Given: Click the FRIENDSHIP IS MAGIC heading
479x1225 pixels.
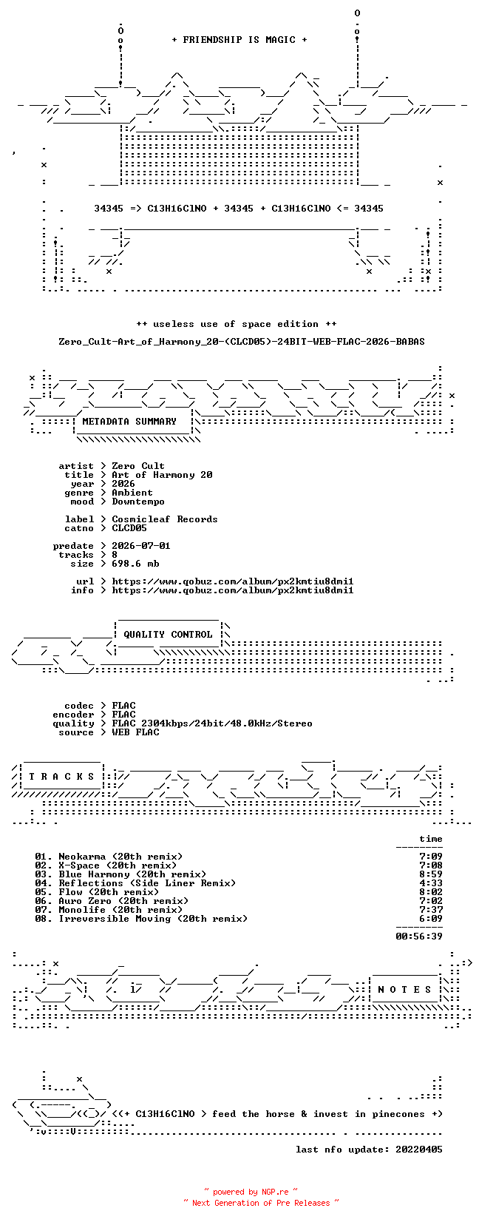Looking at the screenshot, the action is (x=239, y=40).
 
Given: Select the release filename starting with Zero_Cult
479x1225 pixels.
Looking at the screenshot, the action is (x=242, y=342).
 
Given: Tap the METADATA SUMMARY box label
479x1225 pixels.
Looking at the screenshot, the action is (x=129, y=422).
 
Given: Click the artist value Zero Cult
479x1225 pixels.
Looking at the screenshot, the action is (x=138, y=466).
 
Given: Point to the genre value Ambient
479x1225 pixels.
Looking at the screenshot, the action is (x=132, y=493).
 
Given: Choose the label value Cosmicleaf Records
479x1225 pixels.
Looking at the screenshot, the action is (x=164, y=519).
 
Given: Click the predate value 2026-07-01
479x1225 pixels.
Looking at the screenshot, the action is (x=141, y=546).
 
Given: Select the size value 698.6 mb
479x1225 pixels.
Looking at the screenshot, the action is (x=135, y=563).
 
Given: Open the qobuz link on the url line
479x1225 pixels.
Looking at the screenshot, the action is (x=233, y=581).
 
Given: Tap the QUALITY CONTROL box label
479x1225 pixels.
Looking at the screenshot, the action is (x=168, y=635).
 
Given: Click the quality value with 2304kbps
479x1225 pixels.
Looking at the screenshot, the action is (x=212, y=723).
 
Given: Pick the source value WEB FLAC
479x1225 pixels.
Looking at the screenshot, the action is (x=135, y=732).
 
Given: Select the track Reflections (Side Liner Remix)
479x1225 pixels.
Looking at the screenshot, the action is (x=147, y=883).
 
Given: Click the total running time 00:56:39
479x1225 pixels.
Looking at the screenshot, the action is (x=419, y=937).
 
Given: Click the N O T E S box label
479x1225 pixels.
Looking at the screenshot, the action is (x=405, y=990).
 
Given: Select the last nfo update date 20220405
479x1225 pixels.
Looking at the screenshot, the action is (x=419, y=1150).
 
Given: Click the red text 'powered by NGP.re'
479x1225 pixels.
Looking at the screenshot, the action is (x=251, y=1192).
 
